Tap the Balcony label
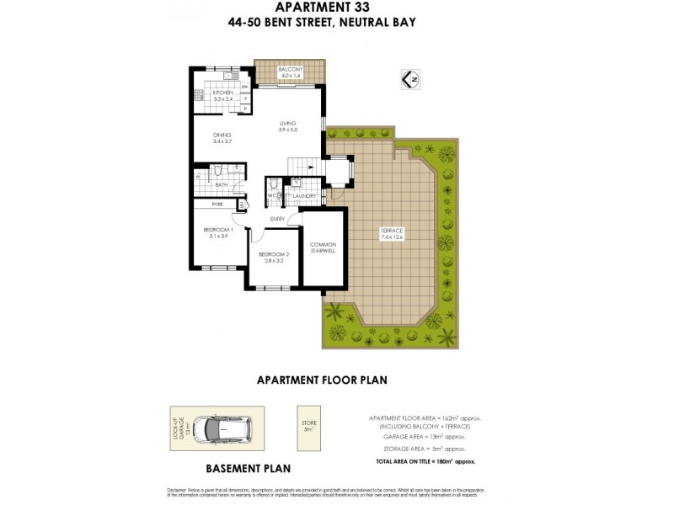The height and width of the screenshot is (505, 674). (x=290, y=68)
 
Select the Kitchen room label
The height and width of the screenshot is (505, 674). (x=222, y=93)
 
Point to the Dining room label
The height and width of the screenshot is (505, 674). (x=222, y=135)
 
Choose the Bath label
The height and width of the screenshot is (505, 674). (x=222, y=184)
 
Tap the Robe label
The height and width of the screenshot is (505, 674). (x=217, y=204)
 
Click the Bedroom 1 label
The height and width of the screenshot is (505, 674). (x=218, y=230)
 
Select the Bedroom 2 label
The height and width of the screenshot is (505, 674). (x=274, y=254)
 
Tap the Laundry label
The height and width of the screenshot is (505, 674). (x=304, y=196)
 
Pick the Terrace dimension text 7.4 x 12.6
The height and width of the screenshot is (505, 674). (x=392, y=237)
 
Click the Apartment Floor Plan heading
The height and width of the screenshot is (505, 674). (x=322, y=380)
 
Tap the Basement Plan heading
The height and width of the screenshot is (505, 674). (x=249, y=468)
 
